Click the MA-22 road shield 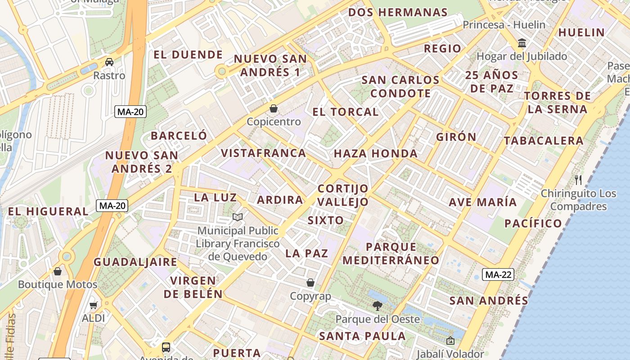(498, 274)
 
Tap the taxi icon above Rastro (109, 62)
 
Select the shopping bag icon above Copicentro (274, 108)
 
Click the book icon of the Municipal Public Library (238, 217)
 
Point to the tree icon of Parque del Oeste (378, 306)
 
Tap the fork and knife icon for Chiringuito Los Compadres (579, 180)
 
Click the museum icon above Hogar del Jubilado (522, 43)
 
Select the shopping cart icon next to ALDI (94, 305)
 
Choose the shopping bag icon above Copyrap (310, 283)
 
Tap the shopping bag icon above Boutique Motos (58, 271)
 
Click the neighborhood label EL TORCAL (346, 112)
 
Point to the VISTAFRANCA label (263, 153)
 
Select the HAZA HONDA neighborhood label (376, 153)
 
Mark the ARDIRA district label (280, 200)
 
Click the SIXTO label (326, 220)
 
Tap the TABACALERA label (544, 141)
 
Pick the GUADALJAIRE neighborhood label (135, 262)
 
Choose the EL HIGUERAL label (48, 211)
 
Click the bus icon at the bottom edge (166, 347)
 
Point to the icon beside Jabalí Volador (450, 341)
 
